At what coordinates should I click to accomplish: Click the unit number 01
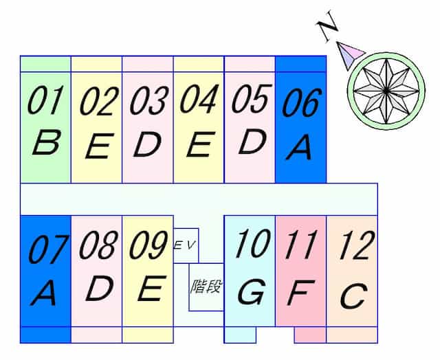(45, 100)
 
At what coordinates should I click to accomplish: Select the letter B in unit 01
(47, 142)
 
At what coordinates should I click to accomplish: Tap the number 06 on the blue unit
(302, 102)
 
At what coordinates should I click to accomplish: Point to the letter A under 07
(44, 293)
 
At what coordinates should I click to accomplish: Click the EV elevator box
(186, 245)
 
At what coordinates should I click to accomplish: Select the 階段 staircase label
(206, 286)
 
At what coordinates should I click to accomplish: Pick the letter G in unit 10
(251, 292)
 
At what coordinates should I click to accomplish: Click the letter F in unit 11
(300, 293)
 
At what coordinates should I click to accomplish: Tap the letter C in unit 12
(353, 295)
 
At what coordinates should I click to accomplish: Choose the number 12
(357, 245)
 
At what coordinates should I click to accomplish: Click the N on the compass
(327, 26)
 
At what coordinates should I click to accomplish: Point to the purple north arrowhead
(350, 55)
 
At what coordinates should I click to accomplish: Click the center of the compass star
(386, 91)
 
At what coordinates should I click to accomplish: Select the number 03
(149, 101)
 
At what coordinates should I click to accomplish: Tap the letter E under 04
(199, 144)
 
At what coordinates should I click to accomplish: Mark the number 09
(148, 245)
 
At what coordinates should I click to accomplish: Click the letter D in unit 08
(100, 288)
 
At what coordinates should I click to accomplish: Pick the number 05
(252, 98)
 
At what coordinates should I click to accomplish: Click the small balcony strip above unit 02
(96, 64)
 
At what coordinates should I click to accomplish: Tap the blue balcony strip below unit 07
(46, 335)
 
